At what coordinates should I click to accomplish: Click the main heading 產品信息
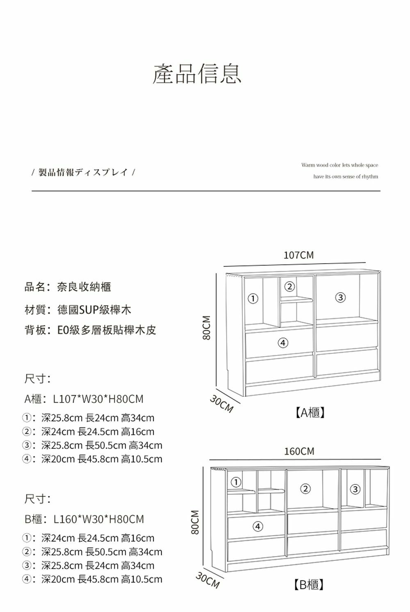point(197,74)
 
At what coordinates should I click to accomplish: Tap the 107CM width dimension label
point(298,255)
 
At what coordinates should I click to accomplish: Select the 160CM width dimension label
point(299,451)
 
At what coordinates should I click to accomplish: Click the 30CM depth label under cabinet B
point(207,580)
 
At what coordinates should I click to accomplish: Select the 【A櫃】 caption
point(310,412)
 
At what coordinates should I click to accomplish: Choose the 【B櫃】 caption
point(309,585)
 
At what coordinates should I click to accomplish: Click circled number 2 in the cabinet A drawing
point(289,287)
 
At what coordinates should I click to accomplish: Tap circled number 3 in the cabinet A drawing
point(340,297)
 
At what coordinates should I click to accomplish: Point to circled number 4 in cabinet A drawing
point(282,342)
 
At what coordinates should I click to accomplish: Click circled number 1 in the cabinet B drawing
point(236,482)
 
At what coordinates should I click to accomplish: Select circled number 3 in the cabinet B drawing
point(355,489)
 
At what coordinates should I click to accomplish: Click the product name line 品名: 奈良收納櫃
point(68,287)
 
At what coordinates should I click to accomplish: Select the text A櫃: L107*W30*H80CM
point(84,399)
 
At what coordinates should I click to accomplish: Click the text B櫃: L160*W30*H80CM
point(84,519)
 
